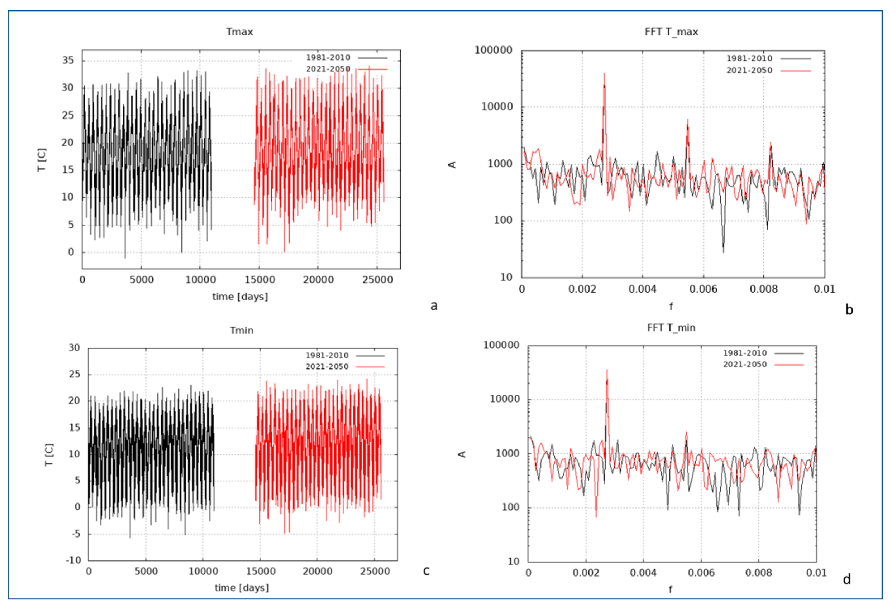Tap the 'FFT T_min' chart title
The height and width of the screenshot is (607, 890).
pyautogui.click(x=671, y=327)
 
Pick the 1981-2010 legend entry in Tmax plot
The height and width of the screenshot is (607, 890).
pyautogui.click(x=328, y=57)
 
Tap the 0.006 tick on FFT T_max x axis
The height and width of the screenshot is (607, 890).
pyautogui.click(x=703, y=289)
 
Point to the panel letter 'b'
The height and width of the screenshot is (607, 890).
pyautogui.click(x=849, y=310)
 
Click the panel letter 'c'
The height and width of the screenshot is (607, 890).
pyautogui.click(x=426, y=571)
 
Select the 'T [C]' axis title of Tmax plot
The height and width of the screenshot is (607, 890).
pyautogui.click(x=42, y=160)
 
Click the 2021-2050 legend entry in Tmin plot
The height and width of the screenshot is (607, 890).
pyautogui.click(x=327, y=367)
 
